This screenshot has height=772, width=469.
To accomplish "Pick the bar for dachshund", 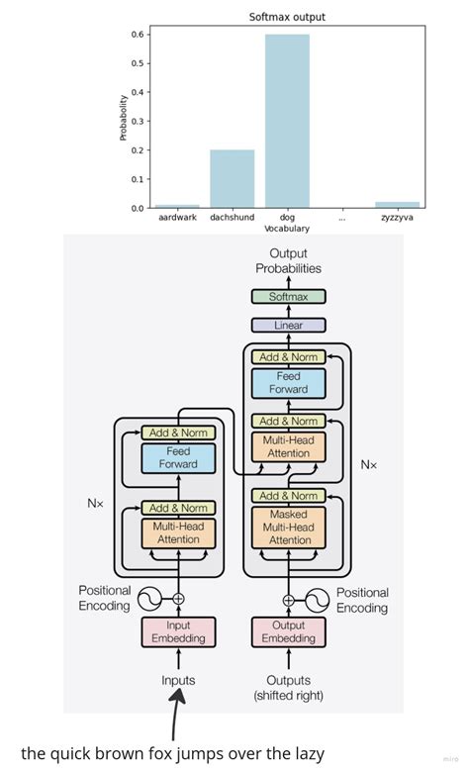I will pos(232,178).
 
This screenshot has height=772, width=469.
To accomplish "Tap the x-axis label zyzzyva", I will pos(397,218).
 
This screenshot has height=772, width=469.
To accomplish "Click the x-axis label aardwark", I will pos(177,218).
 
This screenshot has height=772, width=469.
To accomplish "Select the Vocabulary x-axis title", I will pos(287,229).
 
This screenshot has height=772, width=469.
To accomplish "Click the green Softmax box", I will pos(289,296).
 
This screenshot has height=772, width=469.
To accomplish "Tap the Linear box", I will pos(289,325).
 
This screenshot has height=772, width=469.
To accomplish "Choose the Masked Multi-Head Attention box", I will pos(289,528).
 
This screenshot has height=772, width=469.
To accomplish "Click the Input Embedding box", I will pos(178,632).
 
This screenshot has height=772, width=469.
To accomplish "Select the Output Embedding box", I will pos(289,632).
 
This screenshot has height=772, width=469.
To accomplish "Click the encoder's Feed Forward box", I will pos(178,457).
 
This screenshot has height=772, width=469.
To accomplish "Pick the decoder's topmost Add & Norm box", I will pos(289,356).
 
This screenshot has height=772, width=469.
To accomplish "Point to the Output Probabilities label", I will pos(289,261).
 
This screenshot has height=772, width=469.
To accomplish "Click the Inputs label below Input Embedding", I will pos(178,680).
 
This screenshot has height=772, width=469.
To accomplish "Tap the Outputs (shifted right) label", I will pos(289,687).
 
